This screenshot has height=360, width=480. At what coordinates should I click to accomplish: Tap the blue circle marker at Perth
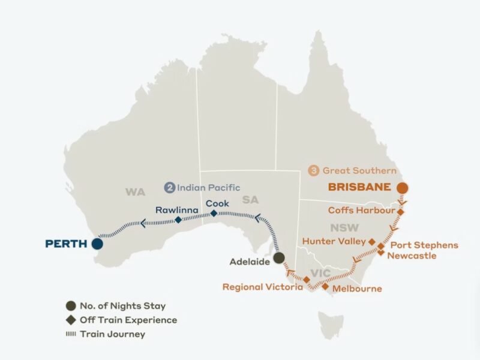click(96, 244)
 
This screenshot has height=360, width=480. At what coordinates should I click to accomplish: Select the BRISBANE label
click(359, 187)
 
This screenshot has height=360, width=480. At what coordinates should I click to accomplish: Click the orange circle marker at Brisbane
click(402, 188)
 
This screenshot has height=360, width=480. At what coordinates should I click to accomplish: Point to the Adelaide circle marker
click(279, 258)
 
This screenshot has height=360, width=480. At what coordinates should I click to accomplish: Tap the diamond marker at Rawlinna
click(178, 220)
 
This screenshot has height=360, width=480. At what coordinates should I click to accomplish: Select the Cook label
click(217, 203)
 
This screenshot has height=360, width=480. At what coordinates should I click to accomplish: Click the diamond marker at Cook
click(214, 212)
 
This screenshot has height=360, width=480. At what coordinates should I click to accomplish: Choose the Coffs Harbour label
click(361, 211)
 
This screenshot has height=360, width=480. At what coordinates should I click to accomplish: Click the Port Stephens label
click(424, 245)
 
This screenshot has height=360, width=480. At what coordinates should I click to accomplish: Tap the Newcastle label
click(413, 256)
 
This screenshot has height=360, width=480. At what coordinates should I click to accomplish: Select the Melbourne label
click(357, 289)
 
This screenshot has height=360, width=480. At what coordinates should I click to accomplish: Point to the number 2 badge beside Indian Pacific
click(170, 188)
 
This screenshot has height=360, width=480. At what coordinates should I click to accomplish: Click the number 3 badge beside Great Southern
click(313, 170)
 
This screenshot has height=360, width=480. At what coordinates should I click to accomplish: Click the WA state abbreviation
click(135, 193)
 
